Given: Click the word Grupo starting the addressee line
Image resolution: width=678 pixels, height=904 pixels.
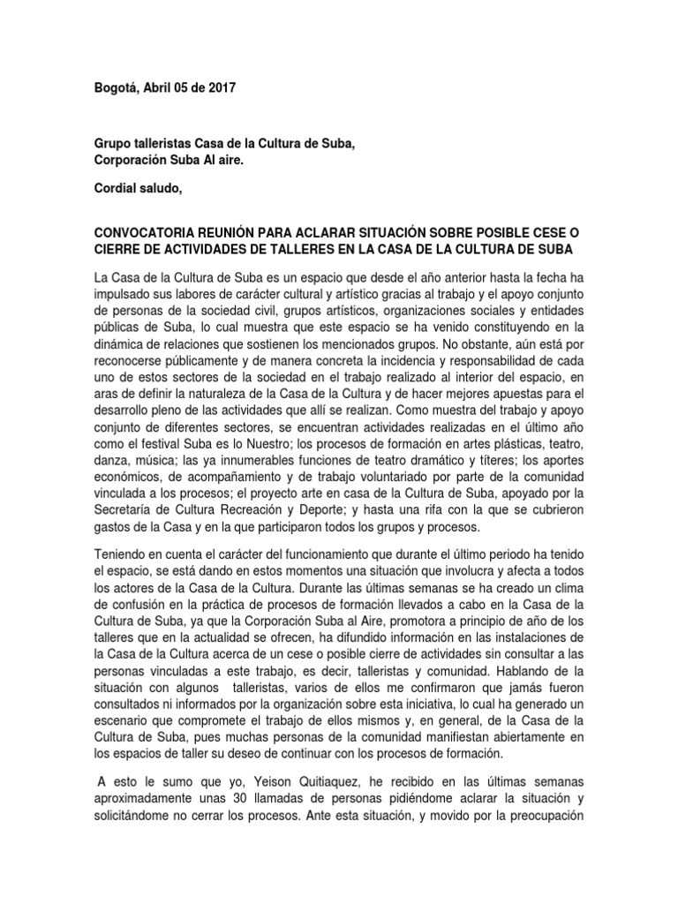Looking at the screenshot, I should (114, 145).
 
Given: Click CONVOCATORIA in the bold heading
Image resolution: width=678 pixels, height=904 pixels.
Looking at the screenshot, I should (153, 231).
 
